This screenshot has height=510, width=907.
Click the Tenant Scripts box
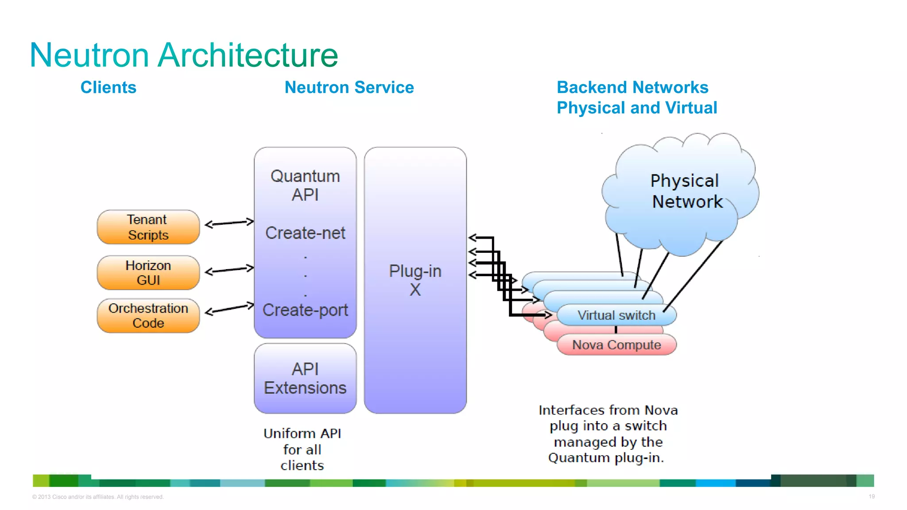[x=148, y=227]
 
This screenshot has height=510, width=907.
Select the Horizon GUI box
[x=148, y=273]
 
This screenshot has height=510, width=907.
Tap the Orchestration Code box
[x=148, y=316]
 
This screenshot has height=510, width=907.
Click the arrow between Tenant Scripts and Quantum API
[x=229, y=223]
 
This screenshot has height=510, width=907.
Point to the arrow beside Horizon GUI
[x=229, y=270]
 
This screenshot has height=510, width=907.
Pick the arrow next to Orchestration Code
[x=229, y=308]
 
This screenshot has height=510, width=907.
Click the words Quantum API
[x=305, y=185]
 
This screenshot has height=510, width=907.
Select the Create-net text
[x=305, y=233]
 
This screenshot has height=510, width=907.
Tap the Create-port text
[x=305, y=310]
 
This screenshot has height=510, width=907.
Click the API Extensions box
[x=305, y=379]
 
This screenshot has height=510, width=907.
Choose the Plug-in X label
[x=415, y=280]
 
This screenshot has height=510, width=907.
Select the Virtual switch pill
[x=616, y=315]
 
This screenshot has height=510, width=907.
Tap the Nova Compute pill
[x=616, y=345]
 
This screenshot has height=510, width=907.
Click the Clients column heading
[x=109, y=88]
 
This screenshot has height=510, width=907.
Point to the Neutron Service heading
[x=349, y=88]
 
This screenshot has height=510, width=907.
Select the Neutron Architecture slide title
[x=184, y=55]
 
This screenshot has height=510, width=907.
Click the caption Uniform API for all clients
[x=302, y=449]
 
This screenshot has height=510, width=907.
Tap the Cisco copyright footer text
[x=98, y=497]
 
